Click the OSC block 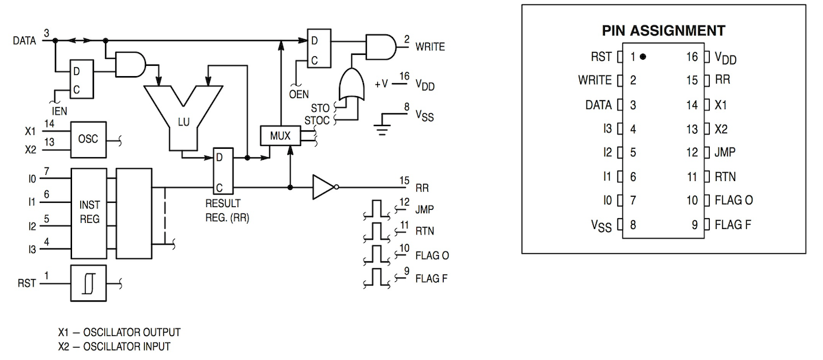pyautogui.click(x=88, y=139)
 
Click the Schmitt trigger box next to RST pyautogui.click(x=88, y=283)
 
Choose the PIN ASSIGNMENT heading pyautogui.click(x=663, y=31)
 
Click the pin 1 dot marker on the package pyautogui.click(x=643, y=57)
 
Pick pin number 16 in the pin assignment pyautogui.click(x=691, y=57)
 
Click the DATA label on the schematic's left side pyautogui.click(x=24, y=40)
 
